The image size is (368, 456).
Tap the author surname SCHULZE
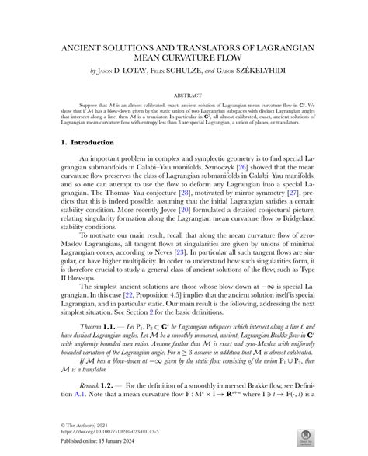(193, 70)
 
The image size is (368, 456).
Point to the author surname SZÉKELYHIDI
(266, 70)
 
